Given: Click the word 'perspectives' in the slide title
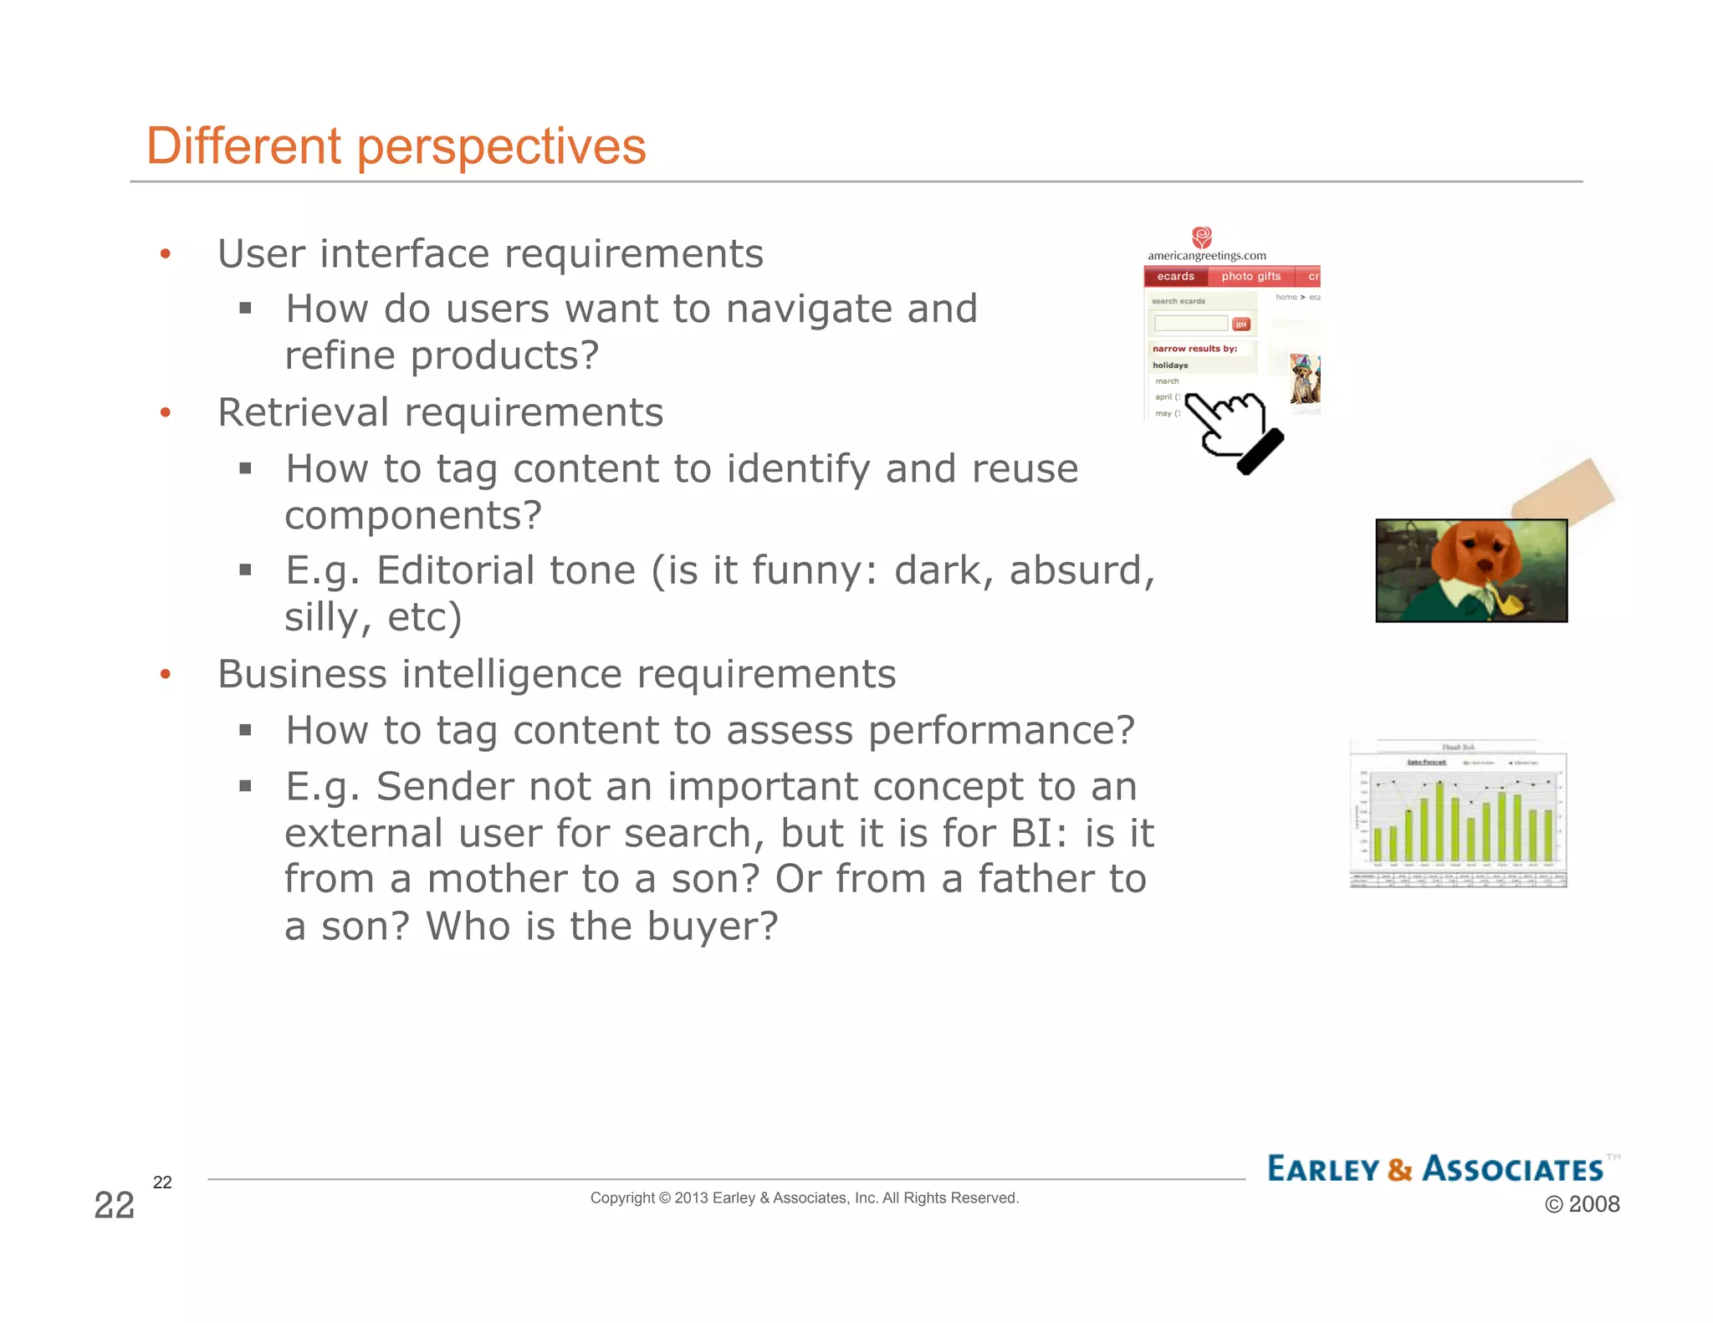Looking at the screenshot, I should coord(502,147).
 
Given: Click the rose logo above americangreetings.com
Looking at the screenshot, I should coord(1202,238).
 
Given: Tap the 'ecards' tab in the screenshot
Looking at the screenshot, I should coord(1175,277).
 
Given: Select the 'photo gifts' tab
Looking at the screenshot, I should coord(1250,277).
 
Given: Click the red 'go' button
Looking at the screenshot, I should coord(1241,324).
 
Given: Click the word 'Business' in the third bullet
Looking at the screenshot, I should coord(302,674).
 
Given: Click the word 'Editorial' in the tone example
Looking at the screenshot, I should coord(455,571).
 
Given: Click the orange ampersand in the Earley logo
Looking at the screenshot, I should coord(1399,1169).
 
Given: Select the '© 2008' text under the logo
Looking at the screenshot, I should coord(1582,1204).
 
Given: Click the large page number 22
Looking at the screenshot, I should coord(115,1205).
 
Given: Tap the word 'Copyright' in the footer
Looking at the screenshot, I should coord(622,1198).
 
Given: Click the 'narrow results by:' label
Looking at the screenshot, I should coord(1194,349).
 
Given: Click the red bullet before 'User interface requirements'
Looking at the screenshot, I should coord(166,254).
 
